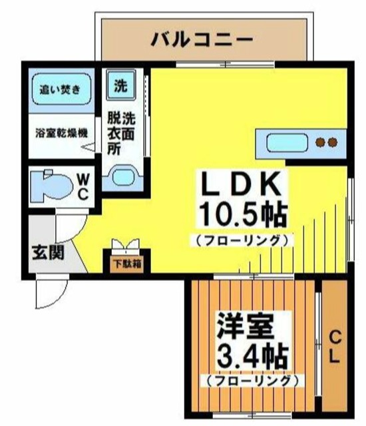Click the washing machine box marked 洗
coord(120,85)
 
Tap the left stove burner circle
coord(320,142)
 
